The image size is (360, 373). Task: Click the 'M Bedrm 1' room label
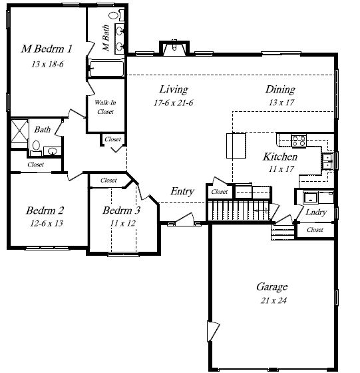click(x=47, y=49)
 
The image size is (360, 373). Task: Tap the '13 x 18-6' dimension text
click(x=47, y=64)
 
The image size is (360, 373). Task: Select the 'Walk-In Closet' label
click(x=105, y=107)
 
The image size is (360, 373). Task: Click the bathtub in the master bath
click(x=106, y=69)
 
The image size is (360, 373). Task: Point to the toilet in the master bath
click(x=116, y=15)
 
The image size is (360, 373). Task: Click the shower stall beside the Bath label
click(x=19, y=131)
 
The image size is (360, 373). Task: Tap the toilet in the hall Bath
click(x=36, y=148)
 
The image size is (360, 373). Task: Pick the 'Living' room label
click(x=174, y=89)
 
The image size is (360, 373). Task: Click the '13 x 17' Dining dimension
click(x=281, y=103)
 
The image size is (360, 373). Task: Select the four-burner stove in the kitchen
click(x=299, y=141)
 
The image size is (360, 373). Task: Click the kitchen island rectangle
click(x=236, y=146)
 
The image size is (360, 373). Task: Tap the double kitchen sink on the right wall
click(x=327, y=161)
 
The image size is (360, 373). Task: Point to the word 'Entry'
click(x=182, y=191)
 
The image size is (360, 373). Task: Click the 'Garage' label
click(x=272, y=286)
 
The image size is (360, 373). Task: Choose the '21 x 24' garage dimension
click(x=273, y=300)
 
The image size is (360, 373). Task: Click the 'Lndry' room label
click(x=316, y=212)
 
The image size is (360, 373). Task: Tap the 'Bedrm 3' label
click(x=121, y=210)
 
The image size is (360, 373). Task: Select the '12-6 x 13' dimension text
click(x=47, y=223)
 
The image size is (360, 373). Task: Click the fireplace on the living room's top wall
click(x=174, y=48)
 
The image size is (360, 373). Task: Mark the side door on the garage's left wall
click(x=213, y=332)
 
